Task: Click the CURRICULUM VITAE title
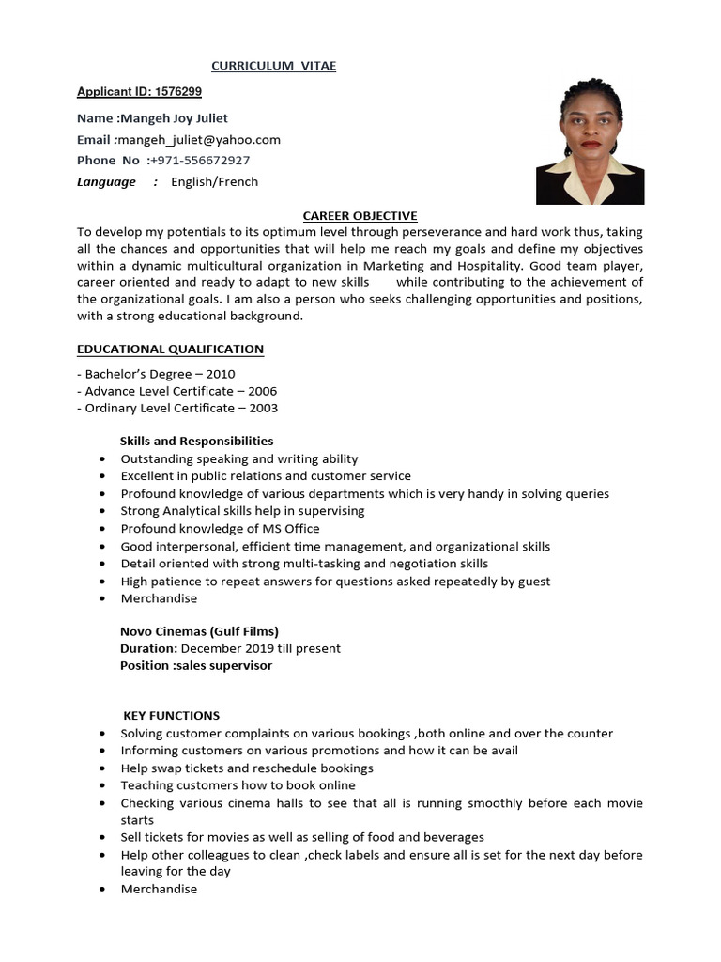click(x=273, y=66)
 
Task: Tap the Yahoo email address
click(x=199, y=140)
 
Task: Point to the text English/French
click(x=214, y=182)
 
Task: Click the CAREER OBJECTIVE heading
click(x=360, y=216)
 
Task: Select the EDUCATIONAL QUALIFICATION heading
click(x=170, y=349)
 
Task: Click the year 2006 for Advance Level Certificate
click(x=262, y=391)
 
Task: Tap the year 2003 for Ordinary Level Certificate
click(x=263, y=409)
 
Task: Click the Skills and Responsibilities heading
click(x=197, y=441)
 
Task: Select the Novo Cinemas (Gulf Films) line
click(x=199, y=631)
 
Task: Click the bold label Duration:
click(x=148, y=648)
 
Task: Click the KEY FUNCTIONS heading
click(x=172, y=716)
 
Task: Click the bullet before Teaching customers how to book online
click(x=101, y=786)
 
